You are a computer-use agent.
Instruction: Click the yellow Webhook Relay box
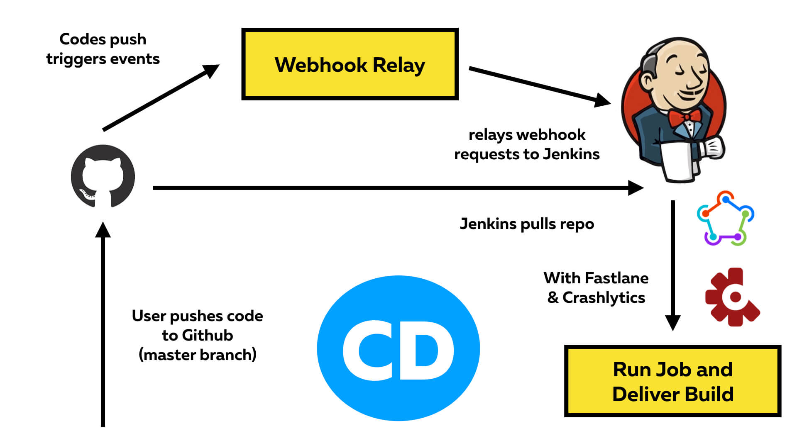point(350,64)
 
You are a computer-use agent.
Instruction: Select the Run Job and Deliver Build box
point(672,381)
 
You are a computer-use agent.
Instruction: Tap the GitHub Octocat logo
point(103,176)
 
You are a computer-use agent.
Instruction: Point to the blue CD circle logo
point(398,348)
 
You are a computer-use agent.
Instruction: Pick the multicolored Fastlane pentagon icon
point(725,218)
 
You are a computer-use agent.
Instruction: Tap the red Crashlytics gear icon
point(732,297)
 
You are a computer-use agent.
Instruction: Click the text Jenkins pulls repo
point(527,224)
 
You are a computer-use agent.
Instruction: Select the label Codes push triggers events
point(103,49)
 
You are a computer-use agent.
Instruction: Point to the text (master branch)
point(198,355)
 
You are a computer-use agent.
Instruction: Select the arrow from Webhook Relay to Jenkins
point(535,85)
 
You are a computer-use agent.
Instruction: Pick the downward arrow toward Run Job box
point(673,265)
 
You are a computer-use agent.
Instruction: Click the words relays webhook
point(527,135)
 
